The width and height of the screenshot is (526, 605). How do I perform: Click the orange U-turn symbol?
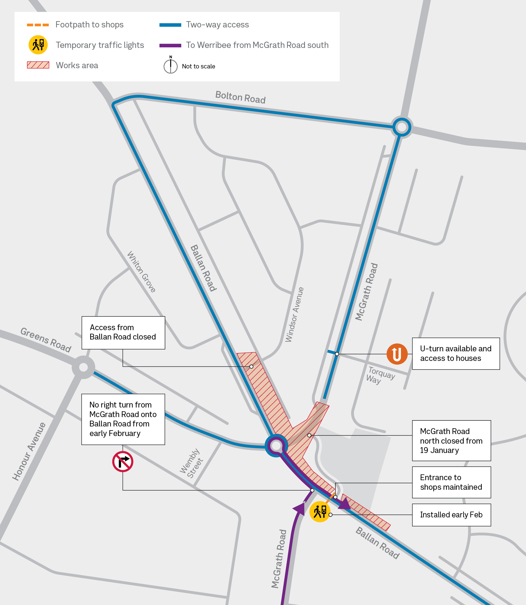(397, 354)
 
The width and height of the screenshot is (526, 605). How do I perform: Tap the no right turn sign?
(123, 461)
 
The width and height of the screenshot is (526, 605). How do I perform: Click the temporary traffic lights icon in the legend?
(38, 45)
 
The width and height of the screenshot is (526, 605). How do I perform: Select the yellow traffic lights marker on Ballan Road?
(320, 512)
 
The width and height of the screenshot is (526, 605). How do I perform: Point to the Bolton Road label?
(241, 97)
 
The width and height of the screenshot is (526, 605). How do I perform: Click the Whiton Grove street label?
(141, 272)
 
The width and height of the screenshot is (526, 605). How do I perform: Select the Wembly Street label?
(191, 463)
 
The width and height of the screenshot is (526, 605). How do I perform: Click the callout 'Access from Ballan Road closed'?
(123, 333)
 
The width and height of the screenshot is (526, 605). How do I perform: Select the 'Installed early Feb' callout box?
(451, 515)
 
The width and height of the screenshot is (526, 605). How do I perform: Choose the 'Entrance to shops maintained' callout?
(451, 482)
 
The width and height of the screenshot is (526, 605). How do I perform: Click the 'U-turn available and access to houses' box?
(456, 354)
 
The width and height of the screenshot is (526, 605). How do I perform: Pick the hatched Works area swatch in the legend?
(38, 65)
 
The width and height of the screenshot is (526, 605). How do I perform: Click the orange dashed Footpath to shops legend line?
(38, 25)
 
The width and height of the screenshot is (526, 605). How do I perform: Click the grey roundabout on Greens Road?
(83, 367)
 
